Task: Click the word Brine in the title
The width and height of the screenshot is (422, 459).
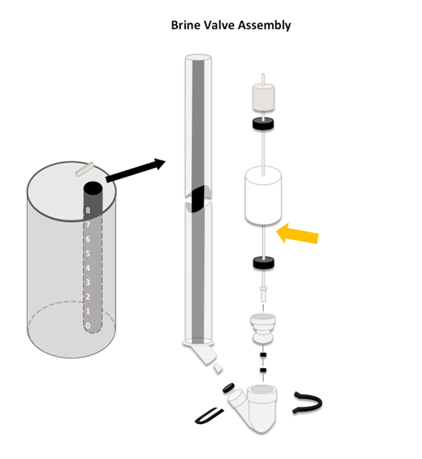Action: pos(185,25)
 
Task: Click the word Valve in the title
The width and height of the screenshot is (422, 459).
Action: pos(219,25)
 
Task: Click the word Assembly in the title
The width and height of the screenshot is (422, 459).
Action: pos(264,25)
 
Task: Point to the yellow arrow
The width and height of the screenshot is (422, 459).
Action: pos(297,234)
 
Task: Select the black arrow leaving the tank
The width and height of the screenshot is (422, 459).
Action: pos(135,170)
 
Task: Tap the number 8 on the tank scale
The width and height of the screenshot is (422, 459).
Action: pos(88,210)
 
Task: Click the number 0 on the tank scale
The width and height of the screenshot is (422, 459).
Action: pos(88,325)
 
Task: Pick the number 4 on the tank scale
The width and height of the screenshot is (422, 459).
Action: pos(88,268)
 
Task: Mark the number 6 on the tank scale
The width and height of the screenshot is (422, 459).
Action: pos(88,239)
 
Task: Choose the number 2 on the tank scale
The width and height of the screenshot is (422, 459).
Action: pos(88,296)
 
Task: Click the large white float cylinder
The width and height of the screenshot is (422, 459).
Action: pos(263,196)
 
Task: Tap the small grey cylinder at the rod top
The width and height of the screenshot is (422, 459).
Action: pos(263,98)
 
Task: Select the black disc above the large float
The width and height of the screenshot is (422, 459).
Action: pos(263,123)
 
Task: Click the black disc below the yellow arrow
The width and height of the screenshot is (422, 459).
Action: pos(264,262)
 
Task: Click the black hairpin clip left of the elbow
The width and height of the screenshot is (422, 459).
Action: pos(208,416)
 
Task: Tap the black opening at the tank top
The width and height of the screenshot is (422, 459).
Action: pos(93,188)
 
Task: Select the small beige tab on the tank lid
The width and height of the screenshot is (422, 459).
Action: pos(85,169)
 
